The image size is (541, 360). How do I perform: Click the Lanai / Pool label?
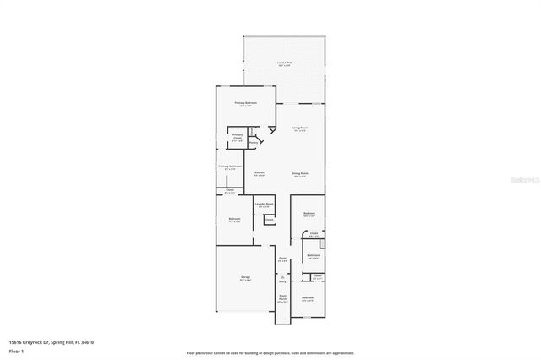[x=284, y=63]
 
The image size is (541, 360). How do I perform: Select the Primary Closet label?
[x=238, y=136]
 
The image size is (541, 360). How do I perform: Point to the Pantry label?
[x=254, y=143]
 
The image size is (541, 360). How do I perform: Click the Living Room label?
[x=299, y=128]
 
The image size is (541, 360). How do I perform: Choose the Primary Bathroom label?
[x=230, y=166]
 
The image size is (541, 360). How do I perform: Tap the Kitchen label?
[x=260, y=172]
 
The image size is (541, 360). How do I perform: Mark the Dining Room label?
[x=299, y=173]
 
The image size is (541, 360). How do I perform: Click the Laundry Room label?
[x=264, y=205]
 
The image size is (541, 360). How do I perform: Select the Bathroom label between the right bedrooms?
[x=313, y=255]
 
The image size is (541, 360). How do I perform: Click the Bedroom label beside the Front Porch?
[x=308, y=297]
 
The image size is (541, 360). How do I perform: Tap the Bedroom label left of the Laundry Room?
[x=234, y=219]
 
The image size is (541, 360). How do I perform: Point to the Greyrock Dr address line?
[x=51, y=341]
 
